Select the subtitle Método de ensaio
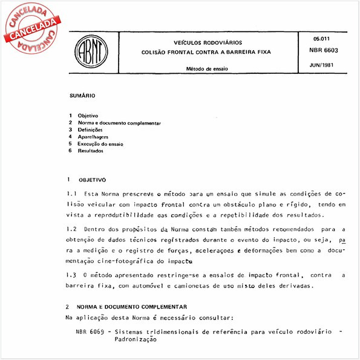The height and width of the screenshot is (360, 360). point(207,69)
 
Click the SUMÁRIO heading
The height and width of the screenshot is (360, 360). point(82,95)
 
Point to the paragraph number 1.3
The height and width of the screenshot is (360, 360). point(72,275)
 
